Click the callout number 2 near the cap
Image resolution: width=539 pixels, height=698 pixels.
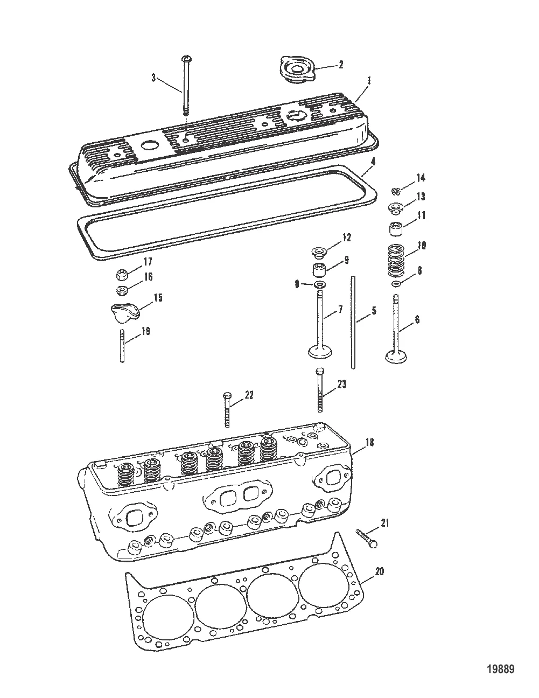pos(340,65)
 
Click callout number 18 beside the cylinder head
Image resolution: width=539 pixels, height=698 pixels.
pos(369,443)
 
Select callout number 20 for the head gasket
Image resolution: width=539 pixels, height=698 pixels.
pos(380,572)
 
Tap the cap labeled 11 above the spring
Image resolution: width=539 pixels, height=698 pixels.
pos(397,228)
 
